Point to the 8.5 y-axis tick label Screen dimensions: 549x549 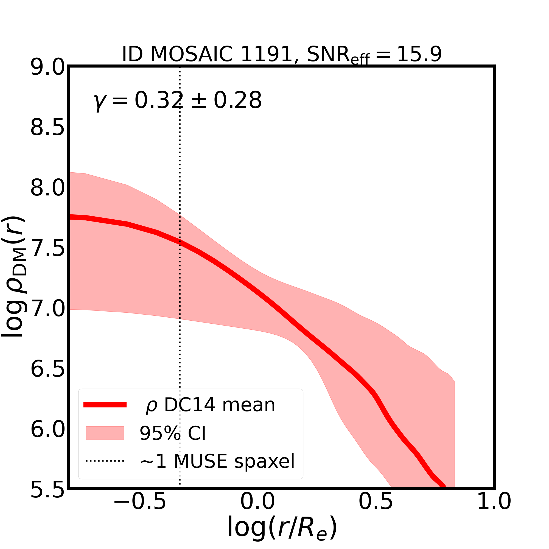[x=47, y=128]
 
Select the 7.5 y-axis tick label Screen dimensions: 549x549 [x=47, y=249]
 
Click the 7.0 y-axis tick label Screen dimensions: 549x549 [x=47, y=309]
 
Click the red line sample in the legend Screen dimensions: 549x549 [x=105, y=405]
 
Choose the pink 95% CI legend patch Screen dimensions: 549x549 [x=105, y=433]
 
